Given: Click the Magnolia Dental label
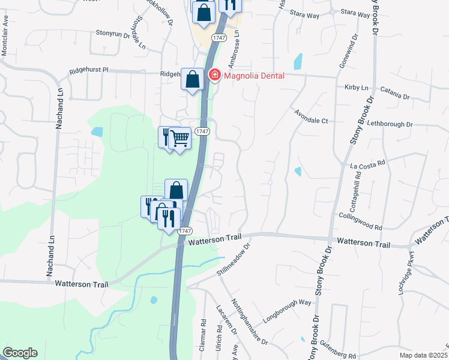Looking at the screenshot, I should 254,75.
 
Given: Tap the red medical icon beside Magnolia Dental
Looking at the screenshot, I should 214,75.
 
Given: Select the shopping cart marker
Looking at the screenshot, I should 180,139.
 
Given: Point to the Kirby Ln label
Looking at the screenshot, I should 357,87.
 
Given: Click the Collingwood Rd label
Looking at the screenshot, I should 361,221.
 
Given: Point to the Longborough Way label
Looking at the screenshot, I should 288,310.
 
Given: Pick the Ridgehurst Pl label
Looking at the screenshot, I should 88,70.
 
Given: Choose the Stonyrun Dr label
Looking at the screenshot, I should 113,34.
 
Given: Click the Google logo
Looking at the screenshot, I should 20,353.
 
